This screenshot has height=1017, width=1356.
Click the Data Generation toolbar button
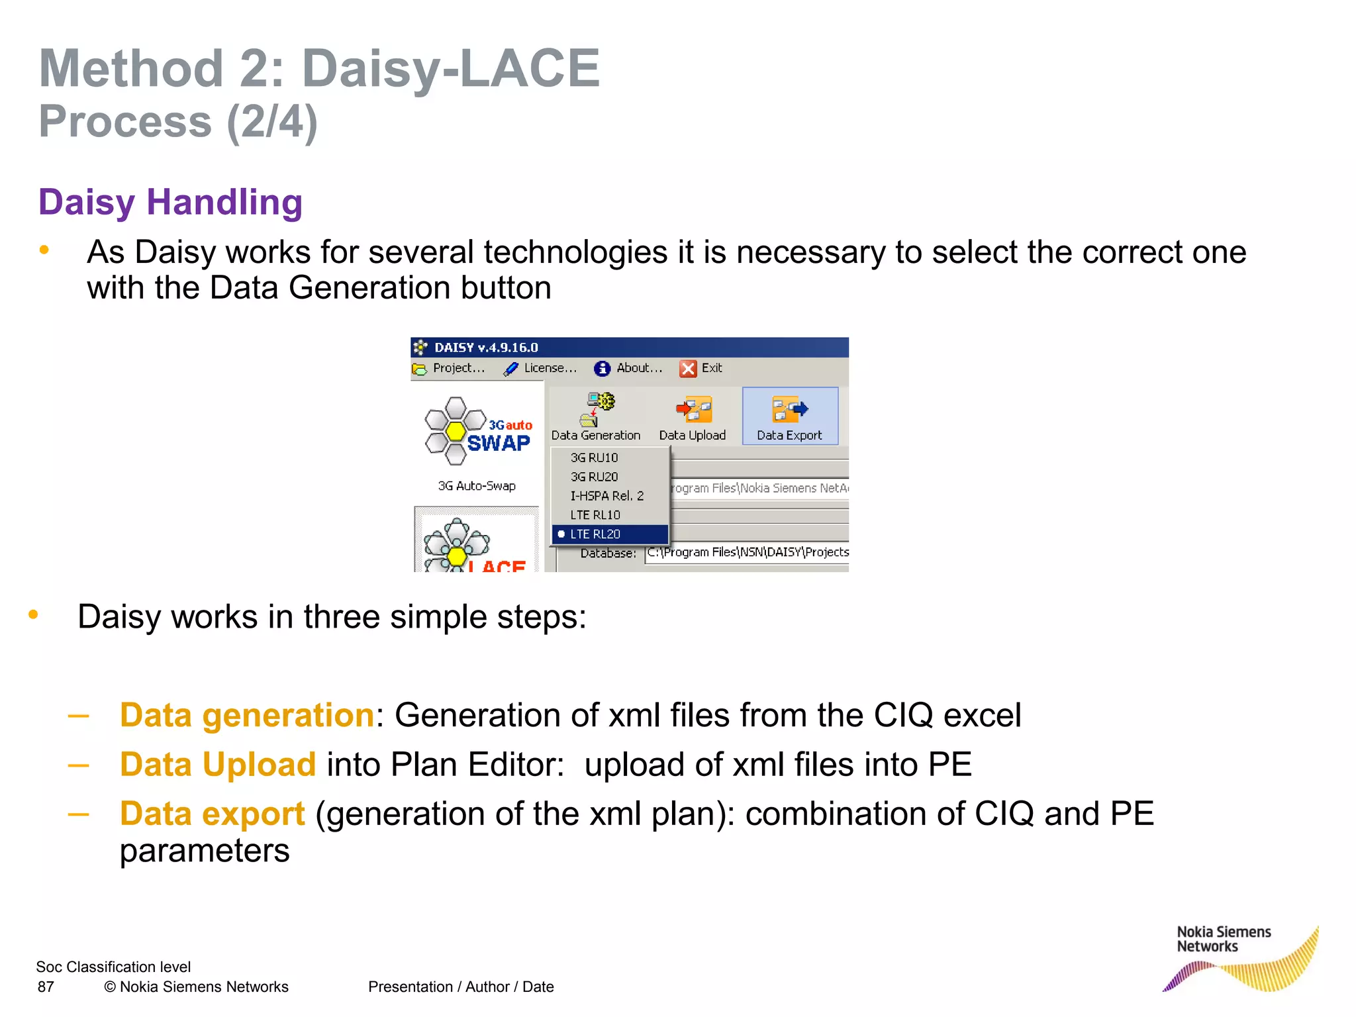[x=595, y=417]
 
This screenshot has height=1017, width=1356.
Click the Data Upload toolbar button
[x=693, y=417]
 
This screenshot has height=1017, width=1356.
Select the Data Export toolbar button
[x=789, y=417]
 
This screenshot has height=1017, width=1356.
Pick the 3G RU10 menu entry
[x=594, y=458]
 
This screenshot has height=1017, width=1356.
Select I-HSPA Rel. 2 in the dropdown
[x=606, y=496]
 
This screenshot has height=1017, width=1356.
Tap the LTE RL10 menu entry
[x=595, y=515]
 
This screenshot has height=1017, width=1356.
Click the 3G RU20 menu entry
[x=594, y=477]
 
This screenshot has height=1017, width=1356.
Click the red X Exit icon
[x=688, y=369]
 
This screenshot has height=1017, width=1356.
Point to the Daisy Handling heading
[x=170, y=202]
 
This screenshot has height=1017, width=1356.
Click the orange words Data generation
[x=247, y=715]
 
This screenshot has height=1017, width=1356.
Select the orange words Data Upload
[x=218, y=764]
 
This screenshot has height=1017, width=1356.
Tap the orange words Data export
[x=212, y=814]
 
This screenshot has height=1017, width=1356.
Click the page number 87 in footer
[x=46, y=987]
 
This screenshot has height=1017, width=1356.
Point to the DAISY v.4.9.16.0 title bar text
[x=486, y=348]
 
